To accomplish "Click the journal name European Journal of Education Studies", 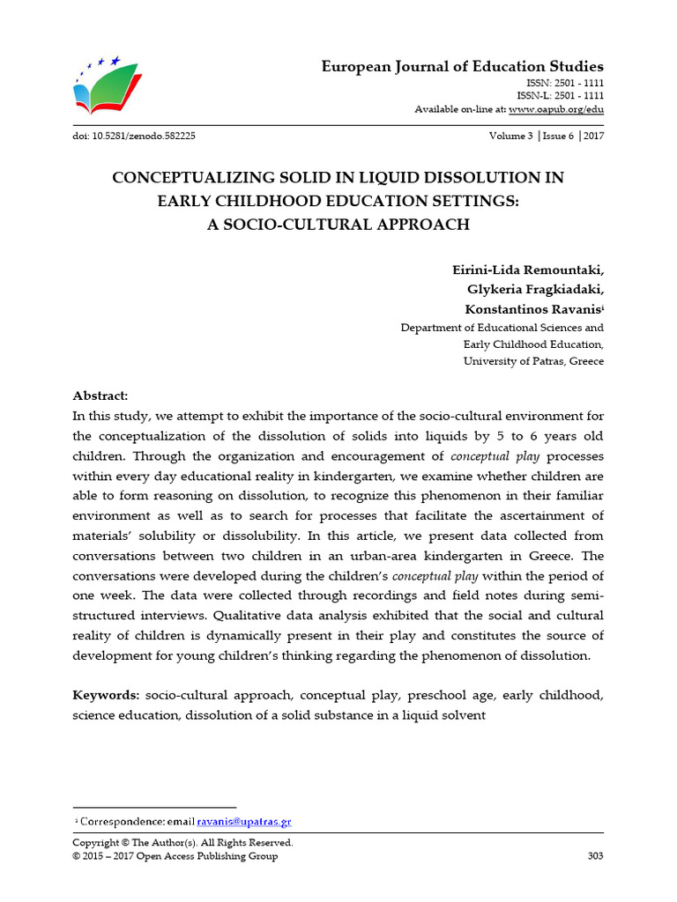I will [x=462, y=67].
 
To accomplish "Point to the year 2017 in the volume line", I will [x=592, y=137].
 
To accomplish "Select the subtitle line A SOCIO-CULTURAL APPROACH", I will [x=338, y=225].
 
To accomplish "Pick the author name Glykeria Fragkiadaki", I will [x=535, y=290].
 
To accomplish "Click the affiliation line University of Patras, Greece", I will [x=533, y=362].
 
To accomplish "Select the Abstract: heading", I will [x=100, y=396].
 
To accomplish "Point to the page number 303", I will [x=595, y=856].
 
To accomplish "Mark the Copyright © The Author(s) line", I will [x=182, y=843].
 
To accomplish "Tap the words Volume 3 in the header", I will [x=510, y=137].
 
